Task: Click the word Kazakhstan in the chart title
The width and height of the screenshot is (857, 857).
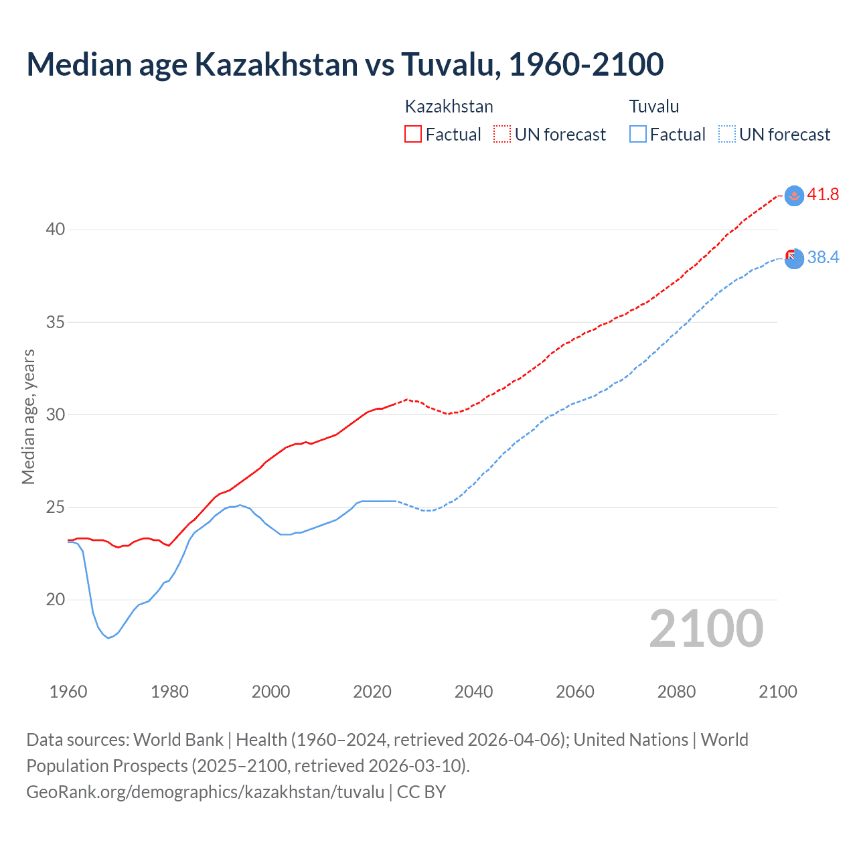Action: (x=276, y=64)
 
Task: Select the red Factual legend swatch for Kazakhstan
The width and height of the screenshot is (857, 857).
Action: (x=413, y=134)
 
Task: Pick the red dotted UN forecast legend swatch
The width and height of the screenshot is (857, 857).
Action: (x=502, y=134)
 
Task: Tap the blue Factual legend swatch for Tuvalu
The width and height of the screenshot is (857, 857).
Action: (x=638, y=134)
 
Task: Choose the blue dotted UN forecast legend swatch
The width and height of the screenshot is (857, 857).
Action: (x=727, y=134)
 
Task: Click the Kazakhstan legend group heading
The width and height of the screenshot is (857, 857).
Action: (x=449, y=106)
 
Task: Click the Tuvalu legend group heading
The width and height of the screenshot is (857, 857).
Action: (x=653, y=106)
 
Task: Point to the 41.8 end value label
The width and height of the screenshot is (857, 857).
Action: (x=823, y=195)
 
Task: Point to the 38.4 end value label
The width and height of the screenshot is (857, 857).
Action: (x=823, y=258)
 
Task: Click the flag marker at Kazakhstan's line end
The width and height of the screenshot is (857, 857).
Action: (x=794, y=196)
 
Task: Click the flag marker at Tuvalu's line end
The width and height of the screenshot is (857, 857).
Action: (x=794, y=258)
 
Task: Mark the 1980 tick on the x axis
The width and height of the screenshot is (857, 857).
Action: (x=169, y=692)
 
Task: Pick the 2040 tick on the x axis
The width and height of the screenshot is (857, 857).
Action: (x=473, y=692)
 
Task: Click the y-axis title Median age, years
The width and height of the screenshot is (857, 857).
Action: (x=28, y=416)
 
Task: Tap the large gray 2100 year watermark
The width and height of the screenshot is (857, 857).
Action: (x=706, y=628)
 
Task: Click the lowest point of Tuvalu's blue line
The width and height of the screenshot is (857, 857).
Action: (x=108, y=637)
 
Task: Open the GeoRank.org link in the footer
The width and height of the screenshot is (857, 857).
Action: (x=205, y=792)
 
